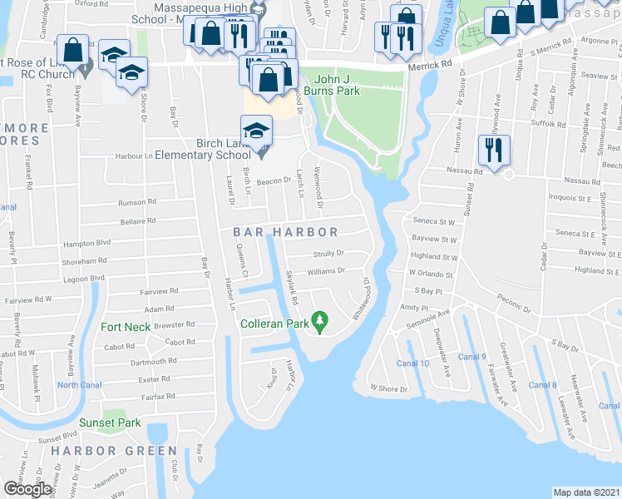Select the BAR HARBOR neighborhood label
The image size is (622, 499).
coord(285,233)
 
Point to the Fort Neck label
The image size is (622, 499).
coord(126,327)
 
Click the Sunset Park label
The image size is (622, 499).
coord(110,422)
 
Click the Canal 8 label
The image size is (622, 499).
coord(542,384)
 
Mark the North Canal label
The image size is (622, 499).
coord(80,383)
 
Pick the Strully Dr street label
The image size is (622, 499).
coord(328,255)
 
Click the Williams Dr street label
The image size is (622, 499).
coord(326,270)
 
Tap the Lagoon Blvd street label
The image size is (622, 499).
coord(86,278)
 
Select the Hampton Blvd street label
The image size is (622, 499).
coord(86,244)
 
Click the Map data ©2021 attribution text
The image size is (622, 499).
coord(586,492)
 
